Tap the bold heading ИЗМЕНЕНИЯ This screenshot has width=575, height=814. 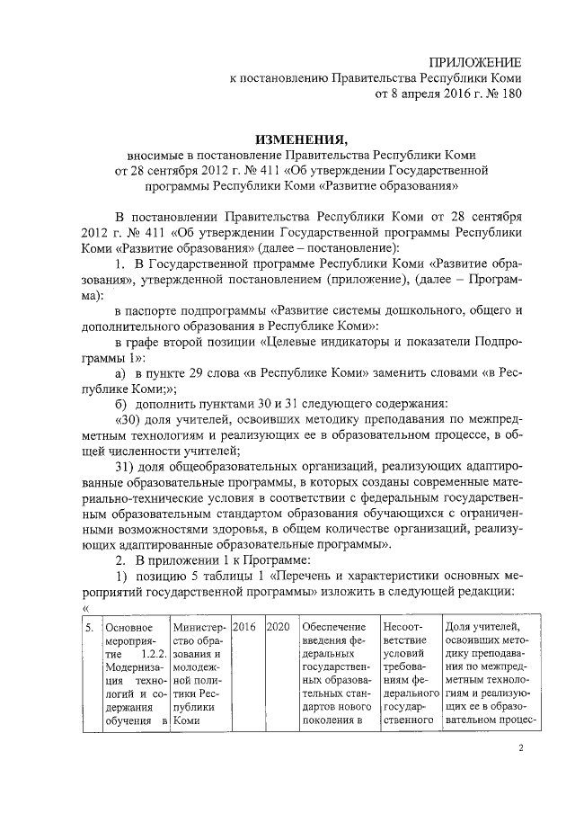coord(300,139)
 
